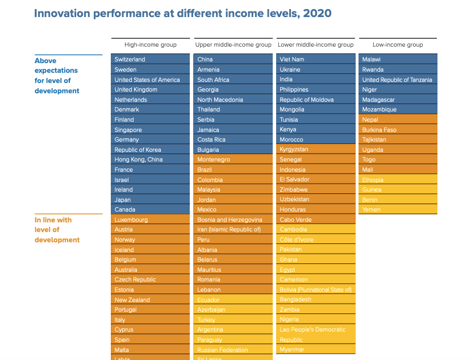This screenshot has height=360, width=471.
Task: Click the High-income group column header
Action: click(x=151, y=44)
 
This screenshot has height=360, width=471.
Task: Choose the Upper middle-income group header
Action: click(x=234, y=44)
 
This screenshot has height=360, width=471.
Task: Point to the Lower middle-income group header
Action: click(x=316, y=44)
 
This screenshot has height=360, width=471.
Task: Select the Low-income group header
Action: click(x=398, y=44)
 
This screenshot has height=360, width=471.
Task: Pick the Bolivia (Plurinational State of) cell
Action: click(x=316, y=289)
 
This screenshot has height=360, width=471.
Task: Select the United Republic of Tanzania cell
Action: click(x=397, y=80)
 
